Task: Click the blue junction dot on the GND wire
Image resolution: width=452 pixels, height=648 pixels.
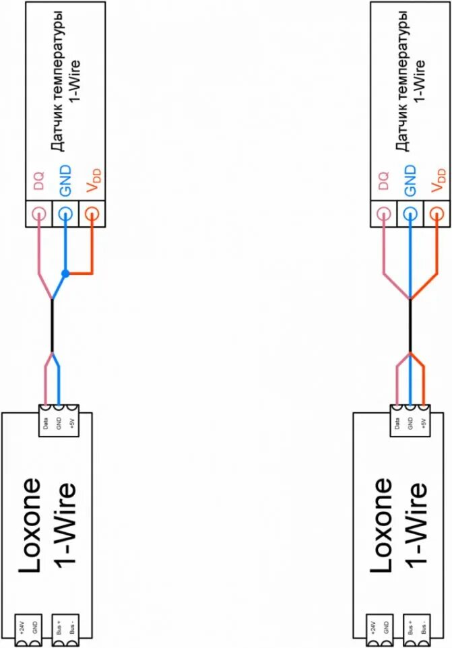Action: pyautogui.click(x=65, y=273)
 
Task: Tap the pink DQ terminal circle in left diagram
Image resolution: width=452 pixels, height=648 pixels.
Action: pyautogui.click(x=38, y=214)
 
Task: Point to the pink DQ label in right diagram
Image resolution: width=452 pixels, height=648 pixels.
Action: pyautogui.click(x=383, y=181)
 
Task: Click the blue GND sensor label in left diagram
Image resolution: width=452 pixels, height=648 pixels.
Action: pyautogui.click(x=65, y=181)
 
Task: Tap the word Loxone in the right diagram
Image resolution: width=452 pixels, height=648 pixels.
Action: pyautogui.click(x=381, y=526)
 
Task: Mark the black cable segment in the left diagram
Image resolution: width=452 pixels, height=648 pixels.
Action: pyautogui.click(x=52, y=325)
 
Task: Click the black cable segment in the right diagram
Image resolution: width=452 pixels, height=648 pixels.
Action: pyautogui.click(x=410, y=325)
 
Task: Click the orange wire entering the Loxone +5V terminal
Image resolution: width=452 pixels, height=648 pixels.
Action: pyautogui.click(x=423, y=384)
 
